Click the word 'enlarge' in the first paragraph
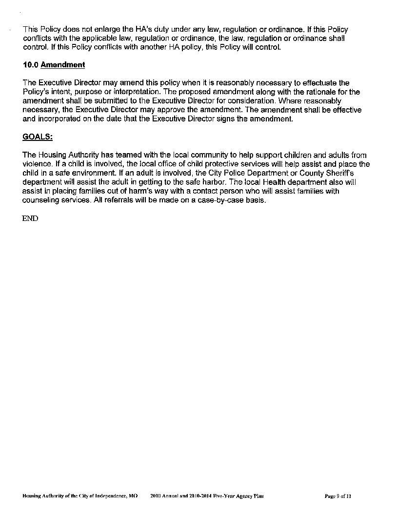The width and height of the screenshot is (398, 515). (x=104, y=30)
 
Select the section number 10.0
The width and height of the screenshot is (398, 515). (x=30, y=65)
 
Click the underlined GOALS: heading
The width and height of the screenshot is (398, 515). (x=38, y=137)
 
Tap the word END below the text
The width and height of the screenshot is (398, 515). (x=30, y=218)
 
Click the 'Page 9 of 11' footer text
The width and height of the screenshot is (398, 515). (x=338, y=496)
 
